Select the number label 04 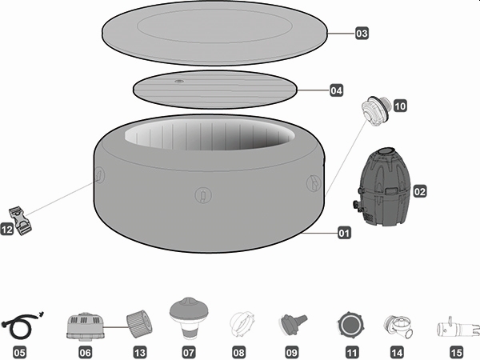337,91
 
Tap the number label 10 400,105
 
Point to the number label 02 419,192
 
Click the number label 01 344,234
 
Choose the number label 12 6,230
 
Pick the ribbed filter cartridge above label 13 139,324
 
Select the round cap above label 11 351,325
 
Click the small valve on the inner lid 179,81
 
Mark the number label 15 456,352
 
